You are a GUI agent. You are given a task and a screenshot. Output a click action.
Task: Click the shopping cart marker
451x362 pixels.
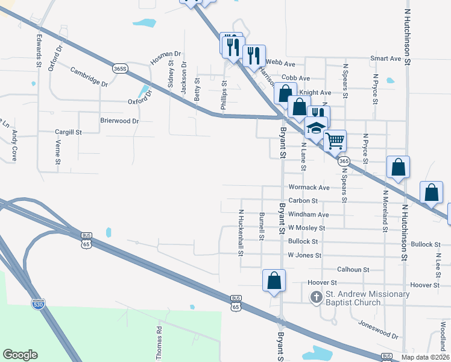(x=335, y=141)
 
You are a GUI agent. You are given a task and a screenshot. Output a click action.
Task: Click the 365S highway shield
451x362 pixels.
(x=121, y=69)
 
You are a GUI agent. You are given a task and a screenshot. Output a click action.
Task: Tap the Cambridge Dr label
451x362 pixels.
(x=89, y=77)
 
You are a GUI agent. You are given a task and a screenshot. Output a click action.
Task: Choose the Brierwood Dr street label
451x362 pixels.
(x=119, y=121)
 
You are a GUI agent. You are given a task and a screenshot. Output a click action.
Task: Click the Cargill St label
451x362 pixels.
(x=68, y=132)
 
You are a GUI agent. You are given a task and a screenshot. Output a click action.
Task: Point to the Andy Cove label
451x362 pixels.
(x=14, y=146)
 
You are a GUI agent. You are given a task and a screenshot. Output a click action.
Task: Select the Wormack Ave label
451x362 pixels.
(x=309, y=188)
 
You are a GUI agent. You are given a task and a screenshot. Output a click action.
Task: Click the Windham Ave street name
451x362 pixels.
(x=308, y=214)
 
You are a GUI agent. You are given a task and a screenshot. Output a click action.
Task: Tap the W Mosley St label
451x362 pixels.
(x=306, y=228)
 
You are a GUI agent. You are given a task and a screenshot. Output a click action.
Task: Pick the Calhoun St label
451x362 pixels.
(x=353, y=269)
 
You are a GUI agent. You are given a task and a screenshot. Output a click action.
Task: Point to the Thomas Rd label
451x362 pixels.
(x=159, y=344)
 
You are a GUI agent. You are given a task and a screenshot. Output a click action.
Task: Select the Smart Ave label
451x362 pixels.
(x=386, y=59)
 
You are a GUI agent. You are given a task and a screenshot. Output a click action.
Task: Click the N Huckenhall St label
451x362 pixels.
(x=241, y=232)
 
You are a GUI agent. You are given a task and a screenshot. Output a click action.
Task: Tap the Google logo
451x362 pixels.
(x=20, y=355)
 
